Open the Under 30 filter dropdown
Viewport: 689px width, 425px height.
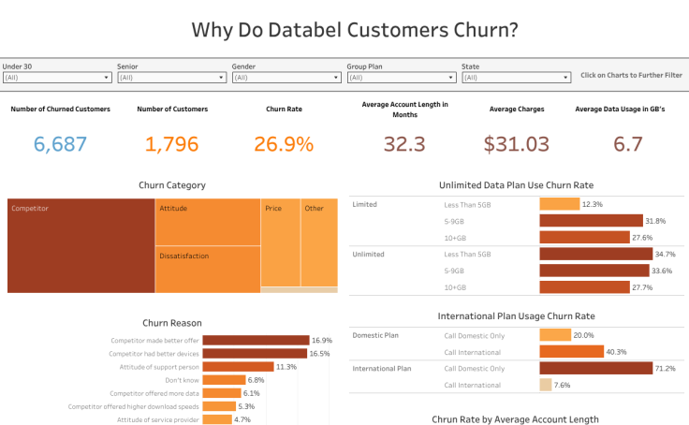click(x=55, y=78)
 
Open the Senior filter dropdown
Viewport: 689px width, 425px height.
click(x=170, y=78)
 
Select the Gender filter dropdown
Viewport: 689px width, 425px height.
click(x=285, y=78)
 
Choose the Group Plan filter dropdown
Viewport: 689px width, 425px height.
click(x=400, y=78)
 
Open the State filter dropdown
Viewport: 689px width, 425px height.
click(x=515, y=78)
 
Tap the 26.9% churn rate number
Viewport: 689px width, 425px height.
click(x=284, y=144)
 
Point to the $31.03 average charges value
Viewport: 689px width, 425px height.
click(x=516, y=144)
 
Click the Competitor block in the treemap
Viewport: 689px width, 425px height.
click(x=81, y=245)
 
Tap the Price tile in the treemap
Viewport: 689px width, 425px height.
click(x=281, y=243)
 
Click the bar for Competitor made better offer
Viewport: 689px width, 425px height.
click(x=256, y=340)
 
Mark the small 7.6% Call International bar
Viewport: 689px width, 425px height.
click(x=546, y=385)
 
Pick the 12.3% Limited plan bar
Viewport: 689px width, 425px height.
click(x=560, y=204)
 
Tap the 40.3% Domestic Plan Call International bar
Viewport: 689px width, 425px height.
click(x=571, y=352)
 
